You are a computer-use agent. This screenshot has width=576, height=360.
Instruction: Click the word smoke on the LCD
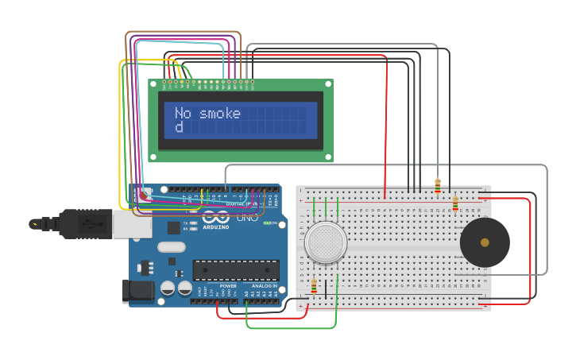click(220, 114)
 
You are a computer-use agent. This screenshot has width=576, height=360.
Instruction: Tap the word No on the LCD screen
click(184, 114)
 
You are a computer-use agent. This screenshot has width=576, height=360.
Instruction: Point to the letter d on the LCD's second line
click(179, 127)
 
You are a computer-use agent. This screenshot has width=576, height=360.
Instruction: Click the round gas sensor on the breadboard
click(326, 242)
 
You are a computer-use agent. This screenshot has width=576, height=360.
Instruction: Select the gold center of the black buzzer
click(485, 242)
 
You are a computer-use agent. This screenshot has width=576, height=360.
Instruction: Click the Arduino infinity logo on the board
click(216, 216)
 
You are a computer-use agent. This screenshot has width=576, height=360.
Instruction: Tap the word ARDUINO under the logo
click(215, 227)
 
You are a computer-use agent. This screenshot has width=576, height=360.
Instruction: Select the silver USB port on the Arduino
click(131, 224)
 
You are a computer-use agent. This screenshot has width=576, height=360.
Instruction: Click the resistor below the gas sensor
click(314, 287)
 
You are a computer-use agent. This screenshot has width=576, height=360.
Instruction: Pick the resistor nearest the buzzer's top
click(454, 204)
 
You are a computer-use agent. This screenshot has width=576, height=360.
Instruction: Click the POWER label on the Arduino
click(228, 285)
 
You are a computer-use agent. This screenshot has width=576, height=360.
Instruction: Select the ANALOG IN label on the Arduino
click(265, 285)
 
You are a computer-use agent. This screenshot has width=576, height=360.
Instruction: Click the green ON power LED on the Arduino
click(268, 223)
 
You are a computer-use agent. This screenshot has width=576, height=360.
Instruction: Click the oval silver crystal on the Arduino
click(171, 246)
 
